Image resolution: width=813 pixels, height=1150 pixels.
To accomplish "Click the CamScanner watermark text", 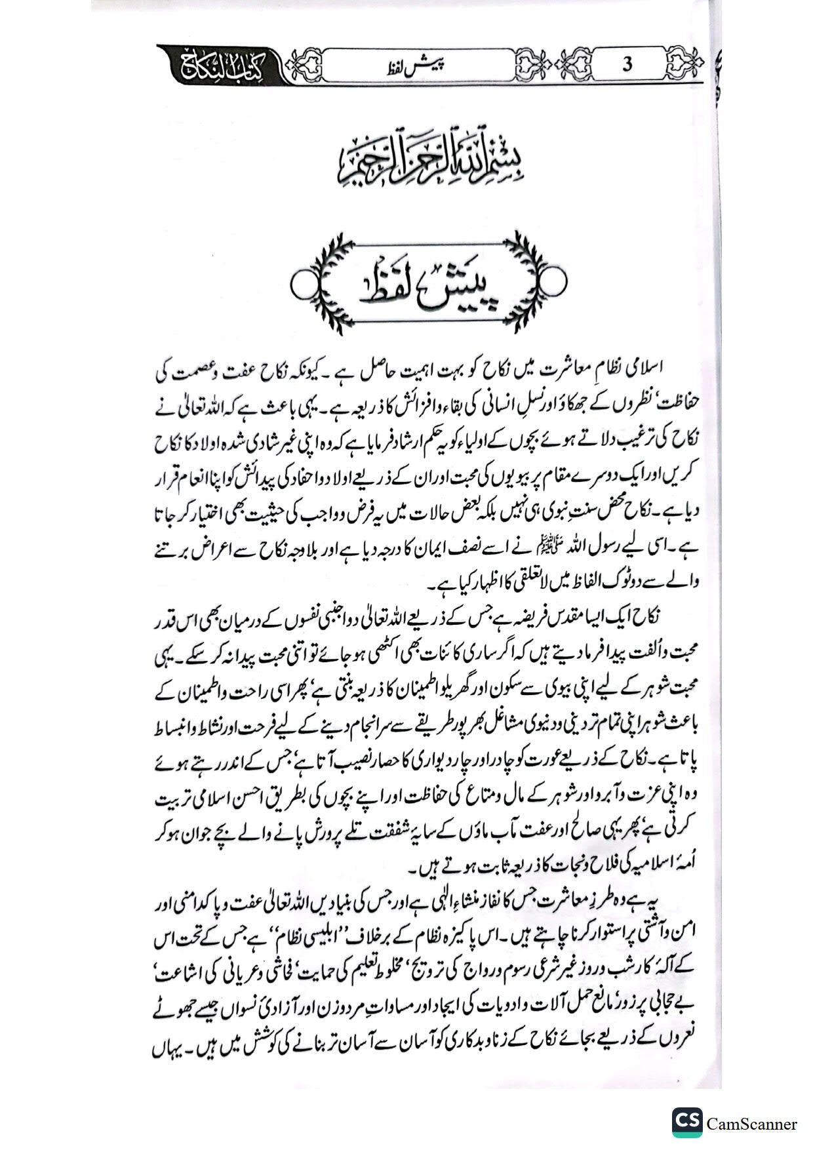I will click(x=752, y=1123).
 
